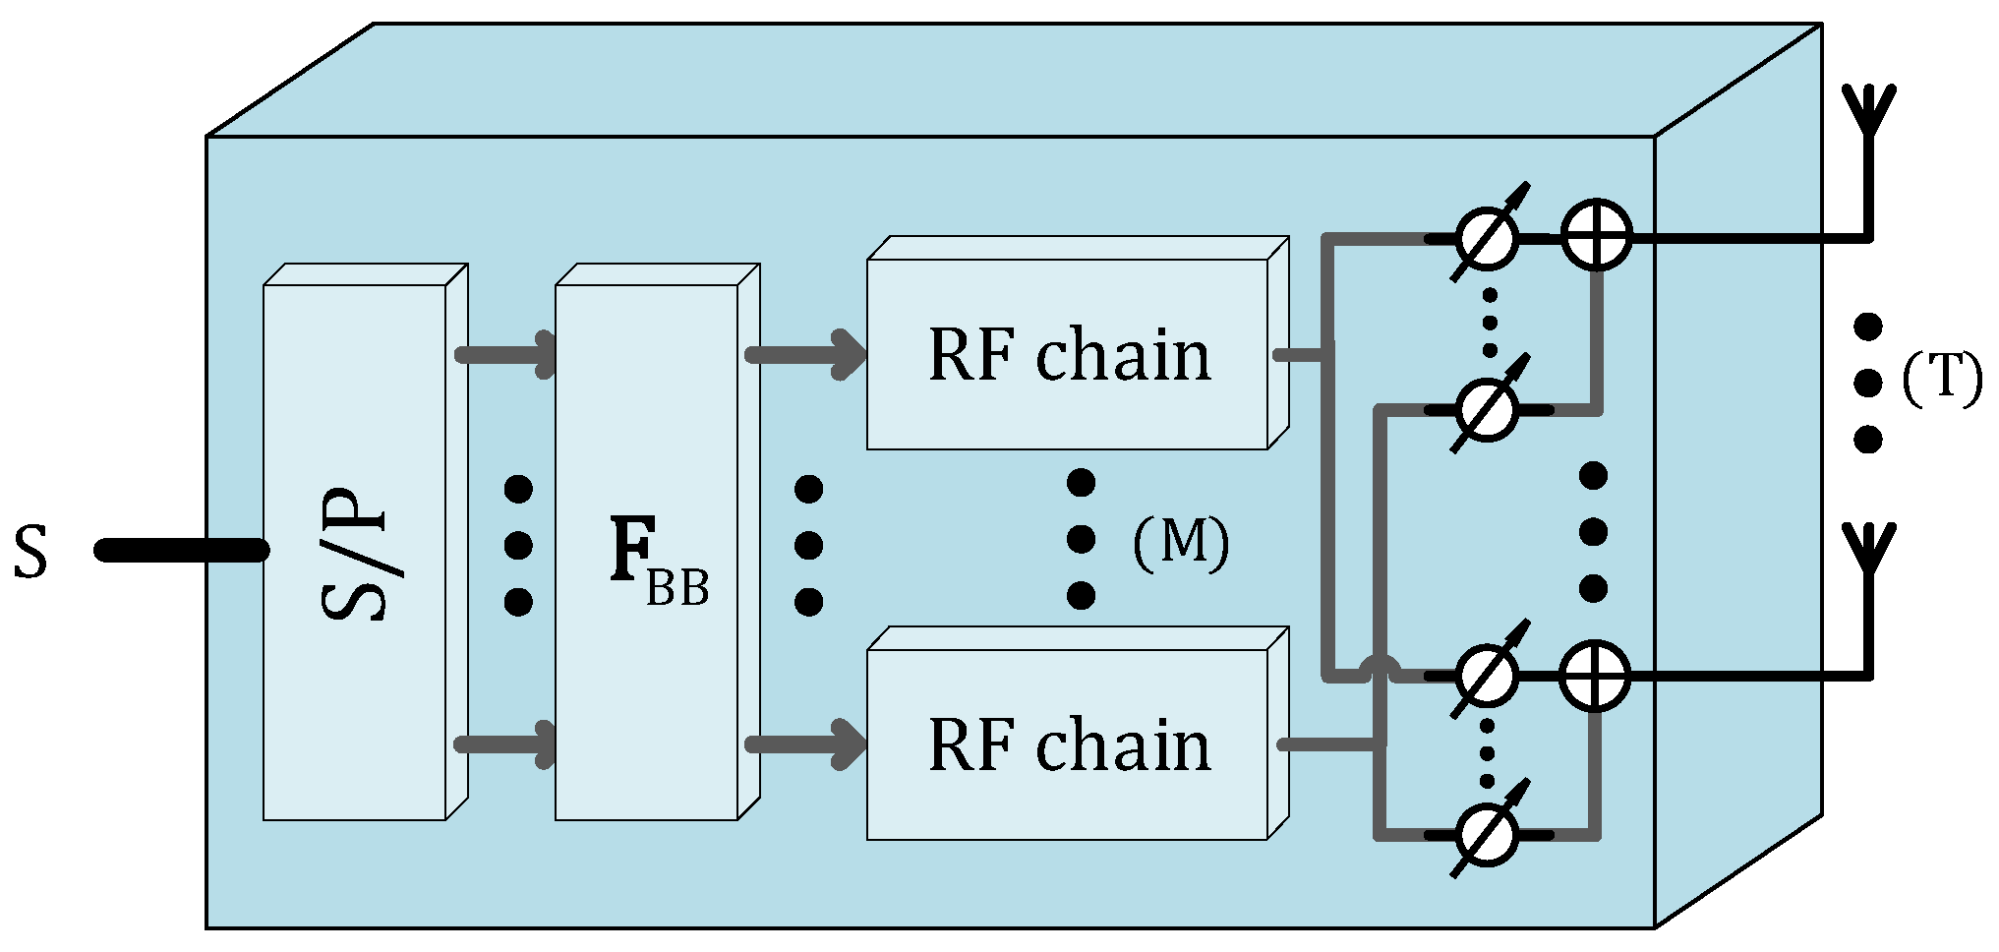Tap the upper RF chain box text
[1069, 355]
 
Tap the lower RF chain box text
[1069, 744]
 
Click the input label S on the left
[30, 553]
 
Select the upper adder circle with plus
[1597, 236]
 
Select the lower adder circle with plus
[1595, 675]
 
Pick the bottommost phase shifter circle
[1487, 835]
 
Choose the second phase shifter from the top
[1487, 408]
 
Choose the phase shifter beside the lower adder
[1487, 676]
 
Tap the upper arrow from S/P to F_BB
[506, 354]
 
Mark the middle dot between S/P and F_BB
[518, 544]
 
